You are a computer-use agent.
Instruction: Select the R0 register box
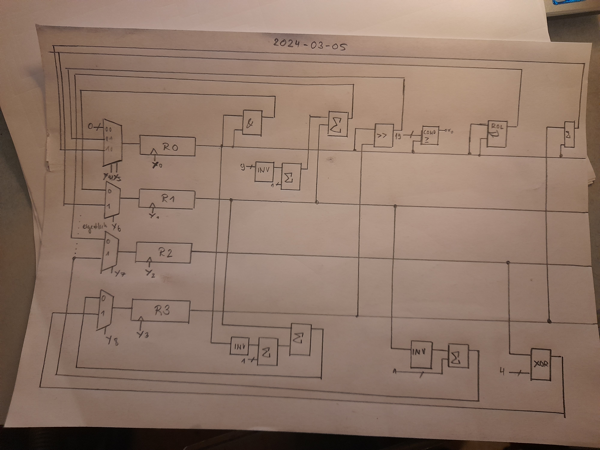coord(167,146)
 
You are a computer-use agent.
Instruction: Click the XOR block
coord(541,364)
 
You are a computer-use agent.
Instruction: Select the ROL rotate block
coord(497,134)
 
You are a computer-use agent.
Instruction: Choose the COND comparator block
coord(429,135)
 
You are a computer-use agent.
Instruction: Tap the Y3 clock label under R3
coord(143,335)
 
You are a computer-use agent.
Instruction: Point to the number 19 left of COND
coord(398,136)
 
